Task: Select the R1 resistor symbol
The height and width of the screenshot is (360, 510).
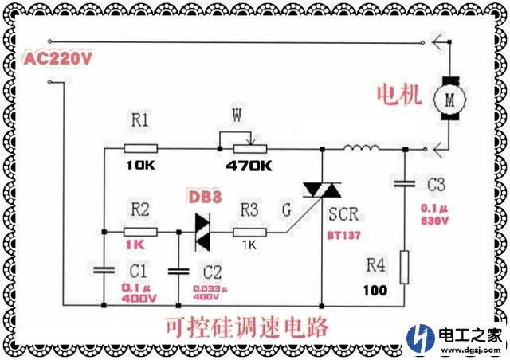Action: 140,148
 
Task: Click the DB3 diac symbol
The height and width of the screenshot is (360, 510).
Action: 205,231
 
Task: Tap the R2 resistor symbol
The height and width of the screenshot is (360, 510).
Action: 140,231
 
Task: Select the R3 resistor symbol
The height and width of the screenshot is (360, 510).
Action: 249,232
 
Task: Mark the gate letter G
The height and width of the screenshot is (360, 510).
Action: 286,211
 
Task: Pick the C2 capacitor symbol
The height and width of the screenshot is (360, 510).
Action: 177,271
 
